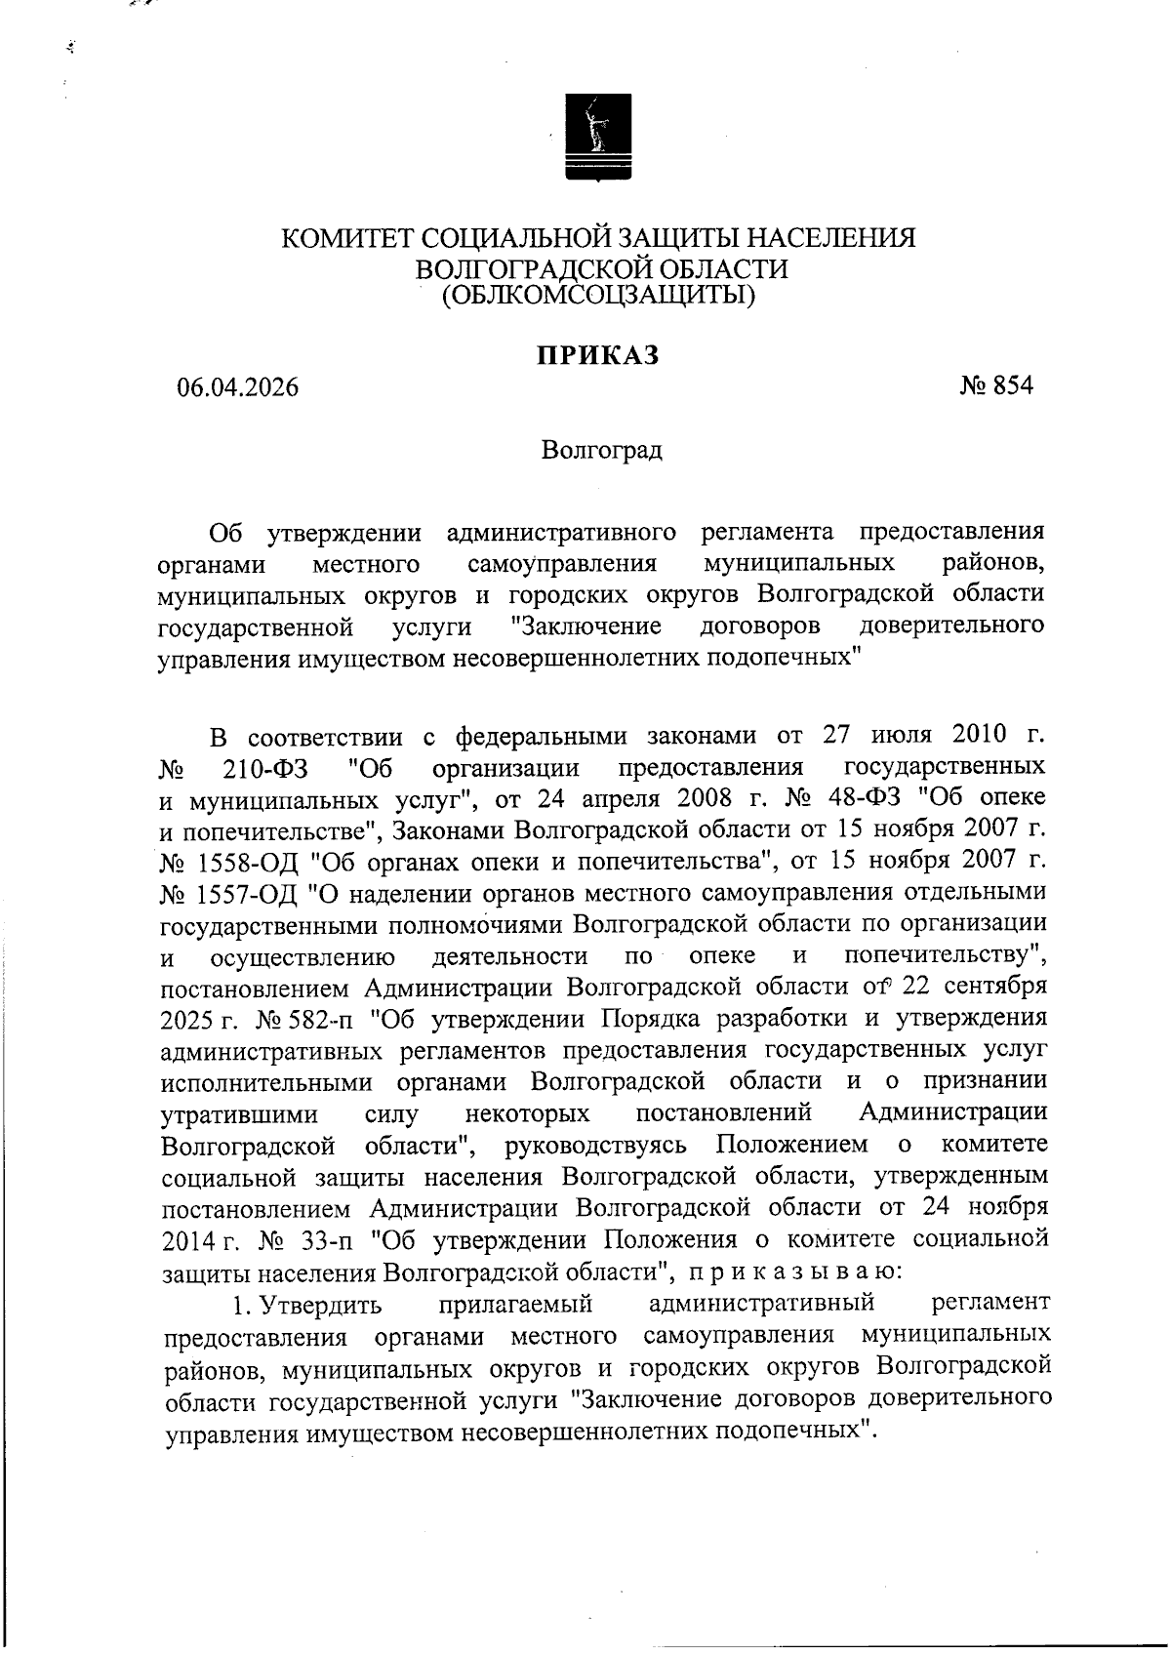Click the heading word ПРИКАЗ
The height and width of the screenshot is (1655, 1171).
(597, 356)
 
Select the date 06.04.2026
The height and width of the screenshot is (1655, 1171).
(237, 387)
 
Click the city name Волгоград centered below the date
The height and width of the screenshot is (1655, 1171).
(601, 451)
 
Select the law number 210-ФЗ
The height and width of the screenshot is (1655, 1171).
(265, 770)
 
